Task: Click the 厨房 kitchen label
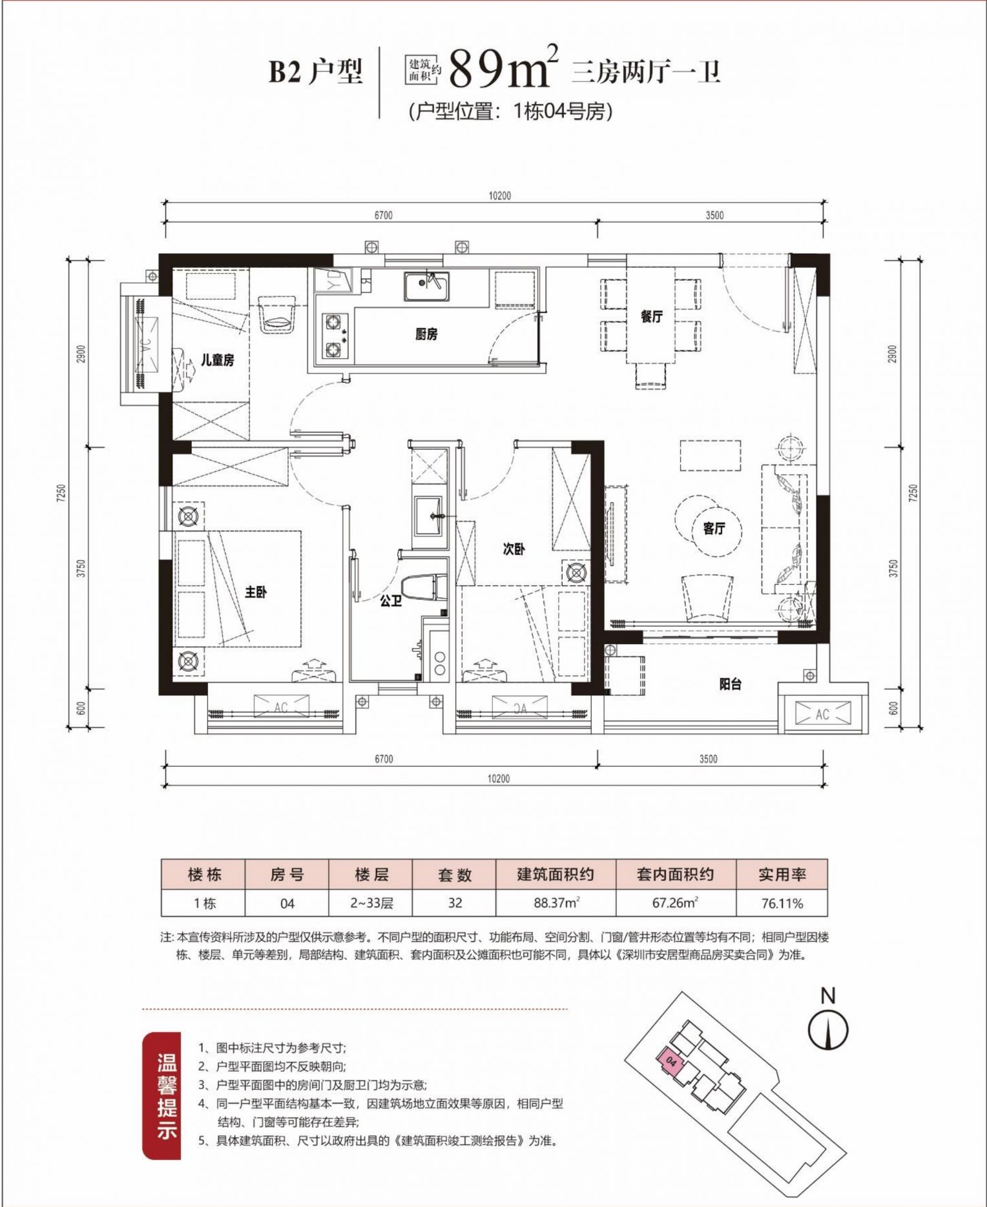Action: coord(426,334)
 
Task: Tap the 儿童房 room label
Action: coord(217,360)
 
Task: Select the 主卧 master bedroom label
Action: coord(256,591)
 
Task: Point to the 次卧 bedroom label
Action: coord(514,549)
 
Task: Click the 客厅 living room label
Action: coord(714,529)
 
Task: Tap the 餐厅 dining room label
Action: coord(652,316)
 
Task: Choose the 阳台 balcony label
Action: coord(731,684)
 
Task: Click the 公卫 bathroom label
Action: coord(391,601)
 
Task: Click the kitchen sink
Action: coord(426,286)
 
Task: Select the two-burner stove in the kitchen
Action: coord(333,336)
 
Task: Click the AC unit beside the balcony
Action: coord(822,714)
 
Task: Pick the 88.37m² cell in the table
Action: coord(556,903)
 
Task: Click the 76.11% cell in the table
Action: coord(782,903)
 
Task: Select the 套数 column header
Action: coord(455,875)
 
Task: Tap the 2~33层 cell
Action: coord(371,903)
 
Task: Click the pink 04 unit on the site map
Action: coord(670,1060)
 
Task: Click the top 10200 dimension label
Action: coord(499,196)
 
